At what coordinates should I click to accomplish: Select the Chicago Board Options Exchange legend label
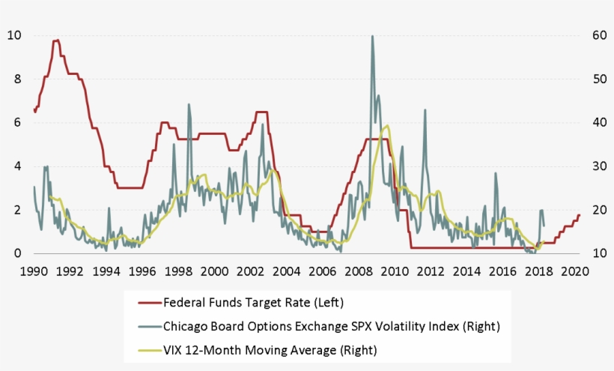click(x=330, y=326)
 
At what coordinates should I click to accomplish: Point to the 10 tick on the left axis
click(x=15, y=35)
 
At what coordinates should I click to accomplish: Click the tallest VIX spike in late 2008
click(x=372, y=36)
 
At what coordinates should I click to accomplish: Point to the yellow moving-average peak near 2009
click(x=387, y=126)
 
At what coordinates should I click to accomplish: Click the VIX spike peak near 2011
click(x=425, y=109)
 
